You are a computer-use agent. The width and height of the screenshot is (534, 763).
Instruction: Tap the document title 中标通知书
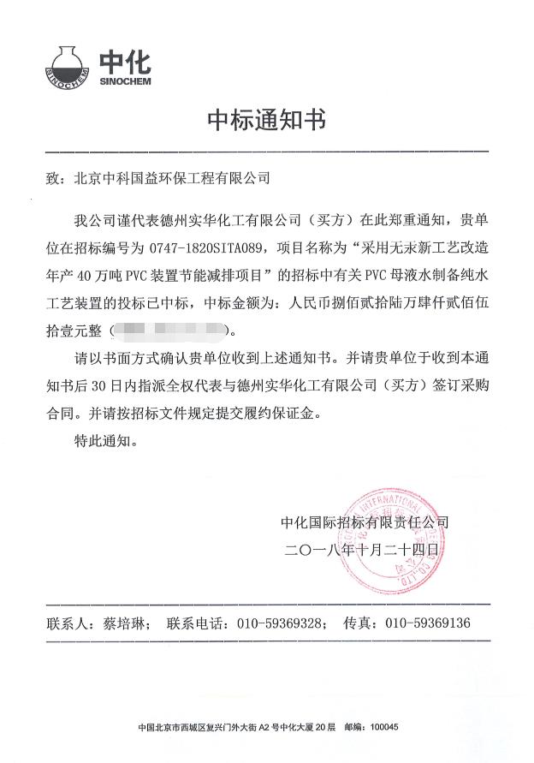point(266,120)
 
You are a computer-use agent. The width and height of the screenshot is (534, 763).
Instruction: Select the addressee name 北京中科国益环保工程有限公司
point(171,179)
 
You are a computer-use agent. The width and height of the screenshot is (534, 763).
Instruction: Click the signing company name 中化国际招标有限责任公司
point(364,522)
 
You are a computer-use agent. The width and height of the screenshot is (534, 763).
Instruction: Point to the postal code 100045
point(383,728)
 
